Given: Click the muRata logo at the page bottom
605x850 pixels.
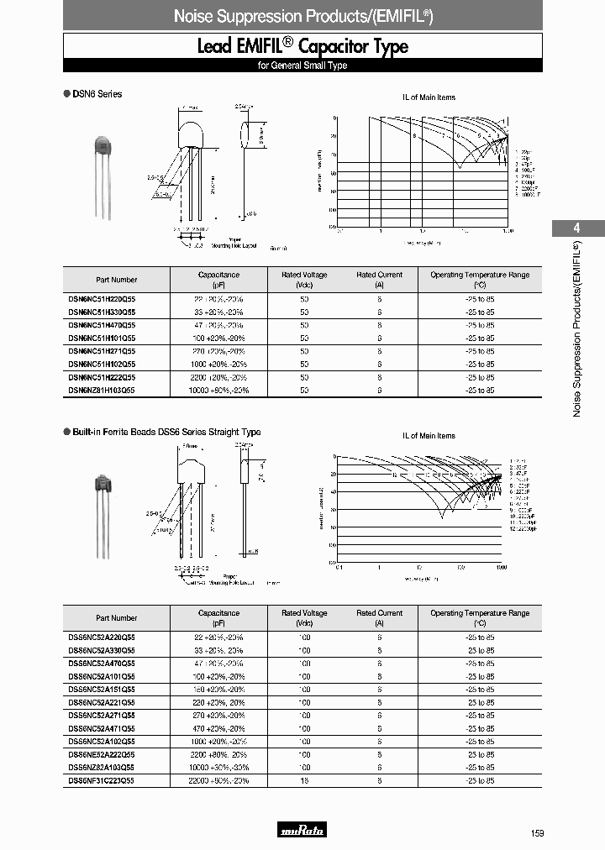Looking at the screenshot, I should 302,831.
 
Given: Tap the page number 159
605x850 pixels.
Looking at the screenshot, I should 538,832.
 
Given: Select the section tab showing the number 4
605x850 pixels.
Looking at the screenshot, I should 576,228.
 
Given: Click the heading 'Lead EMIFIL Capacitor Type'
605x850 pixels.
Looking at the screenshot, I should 302,46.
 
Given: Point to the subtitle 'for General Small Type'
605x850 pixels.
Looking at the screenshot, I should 302,66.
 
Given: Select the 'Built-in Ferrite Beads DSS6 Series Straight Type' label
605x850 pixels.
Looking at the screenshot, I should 166,433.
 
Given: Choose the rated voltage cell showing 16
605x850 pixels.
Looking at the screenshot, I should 304,780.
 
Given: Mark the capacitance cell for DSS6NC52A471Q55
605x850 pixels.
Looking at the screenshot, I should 219,728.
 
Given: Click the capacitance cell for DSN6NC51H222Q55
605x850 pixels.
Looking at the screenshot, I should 219,377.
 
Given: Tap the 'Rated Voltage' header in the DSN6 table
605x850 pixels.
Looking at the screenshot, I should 304,280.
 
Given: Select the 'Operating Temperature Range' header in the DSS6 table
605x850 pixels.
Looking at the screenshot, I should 480,618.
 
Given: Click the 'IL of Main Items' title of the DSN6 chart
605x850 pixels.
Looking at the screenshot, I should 429,97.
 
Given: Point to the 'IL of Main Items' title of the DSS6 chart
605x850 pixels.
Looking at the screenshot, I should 429,436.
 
